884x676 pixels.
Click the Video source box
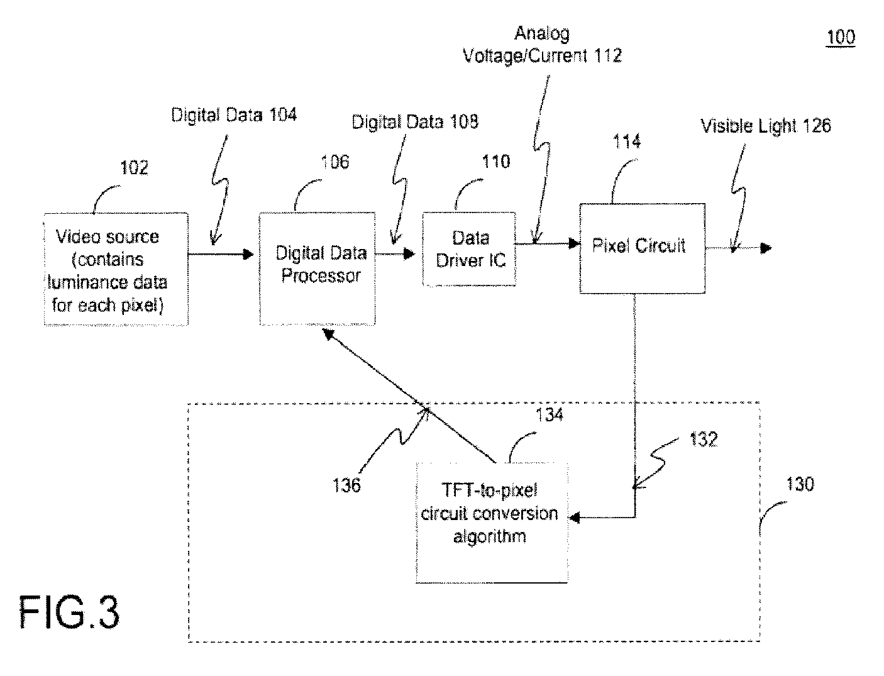(116, 269)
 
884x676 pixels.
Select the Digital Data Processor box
(318, 269)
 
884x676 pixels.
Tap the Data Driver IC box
(469, 249)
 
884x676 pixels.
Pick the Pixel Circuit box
(643, 248)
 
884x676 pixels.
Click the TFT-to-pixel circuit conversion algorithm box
(492, 523)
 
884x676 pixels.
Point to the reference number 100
(841, 38)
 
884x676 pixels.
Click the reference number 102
(134, 167)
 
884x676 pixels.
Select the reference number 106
(334, 162)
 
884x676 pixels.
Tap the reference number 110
(496, 162)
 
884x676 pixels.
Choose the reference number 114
(627, 141)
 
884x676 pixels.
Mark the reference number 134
(550, 414)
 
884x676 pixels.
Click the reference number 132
(704, 439)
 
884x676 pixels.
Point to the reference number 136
(346, 485)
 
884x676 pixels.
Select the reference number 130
(800, 484)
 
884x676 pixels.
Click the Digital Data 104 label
(234, 114)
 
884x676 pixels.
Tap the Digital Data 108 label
(415, 121)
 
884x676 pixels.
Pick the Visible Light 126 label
(766, 126)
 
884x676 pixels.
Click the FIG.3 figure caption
(69, 612)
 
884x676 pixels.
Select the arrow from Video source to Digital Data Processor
(221, 254)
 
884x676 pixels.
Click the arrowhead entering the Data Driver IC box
(409, 254)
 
